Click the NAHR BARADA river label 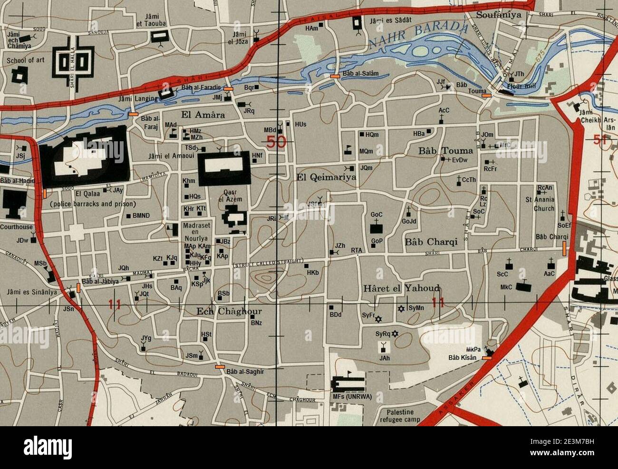click(x=418, y=35)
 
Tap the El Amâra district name click(x=203, y=115)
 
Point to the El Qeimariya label click(x=326, y=177)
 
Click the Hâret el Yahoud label click(x=401, y=288)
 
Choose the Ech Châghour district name click(x=229, y=312)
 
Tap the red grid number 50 click(x=276, y=141)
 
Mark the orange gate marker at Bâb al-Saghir click(x=220, y=367)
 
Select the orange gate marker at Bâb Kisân click(x=487, y=358)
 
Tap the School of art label click(x=25, y=61)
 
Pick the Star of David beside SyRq click(x=395, y=333)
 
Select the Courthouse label click(x=16, y=227)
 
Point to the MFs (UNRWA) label click(x=352, y=397)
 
